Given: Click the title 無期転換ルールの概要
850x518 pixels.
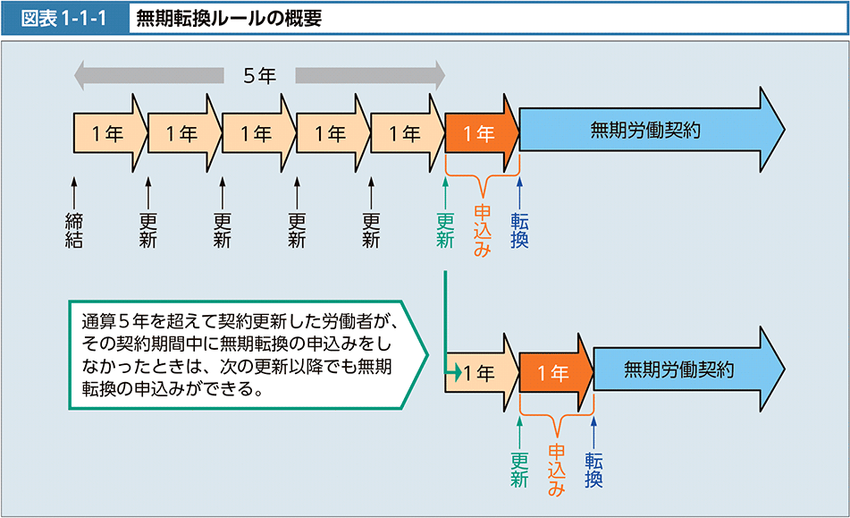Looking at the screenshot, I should [228, 18].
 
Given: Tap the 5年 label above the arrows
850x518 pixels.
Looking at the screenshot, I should [259, 75].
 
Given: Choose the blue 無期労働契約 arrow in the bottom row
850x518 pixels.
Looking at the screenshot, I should [684, 369].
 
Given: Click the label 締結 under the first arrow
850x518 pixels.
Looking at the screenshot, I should [74, 229].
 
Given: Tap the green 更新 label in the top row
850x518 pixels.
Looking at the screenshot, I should [444, 229].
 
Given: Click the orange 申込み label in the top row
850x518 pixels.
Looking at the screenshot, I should [482, 230].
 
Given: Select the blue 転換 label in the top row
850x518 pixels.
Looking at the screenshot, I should [519, 229].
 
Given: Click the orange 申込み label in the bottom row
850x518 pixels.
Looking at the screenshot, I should [556, 469].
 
